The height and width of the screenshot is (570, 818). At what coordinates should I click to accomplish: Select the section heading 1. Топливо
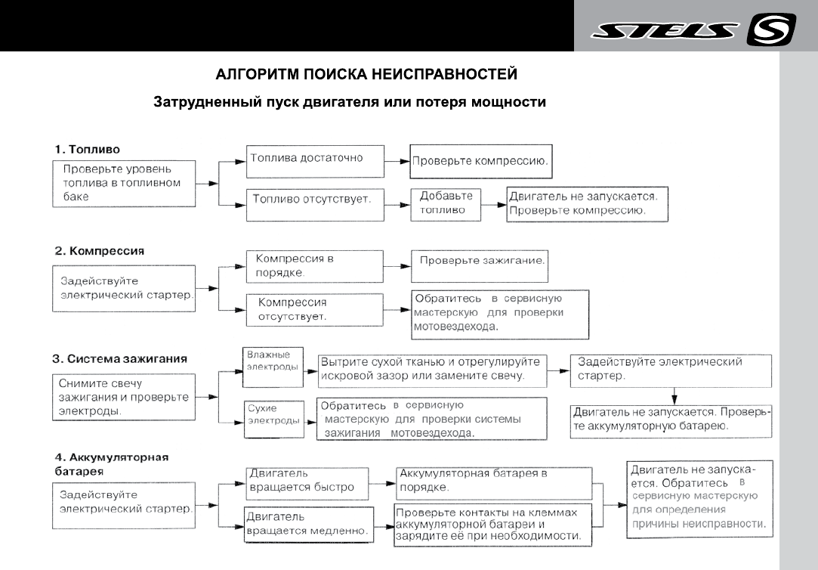(88, 149)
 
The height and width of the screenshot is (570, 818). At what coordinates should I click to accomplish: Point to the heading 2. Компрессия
(99, 249)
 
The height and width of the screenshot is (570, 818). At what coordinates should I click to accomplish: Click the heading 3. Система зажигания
(120, 358)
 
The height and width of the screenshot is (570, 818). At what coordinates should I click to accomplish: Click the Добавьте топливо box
(446, 203)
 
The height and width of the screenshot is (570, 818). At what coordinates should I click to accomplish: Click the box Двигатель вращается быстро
(306, 482)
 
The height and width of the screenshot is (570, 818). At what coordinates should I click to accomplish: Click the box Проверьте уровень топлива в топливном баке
(120, 182)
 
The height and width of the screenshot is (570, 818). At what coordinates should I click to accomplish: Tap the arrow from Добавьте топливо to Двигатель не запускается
(494, 204)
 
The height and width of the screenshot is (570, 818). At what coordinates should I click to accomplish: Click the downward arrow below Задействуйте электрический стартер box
(673, 395)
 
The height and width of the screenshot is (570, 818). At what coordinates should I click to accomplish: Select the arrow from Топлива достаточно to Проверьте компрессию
(394, 160)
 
